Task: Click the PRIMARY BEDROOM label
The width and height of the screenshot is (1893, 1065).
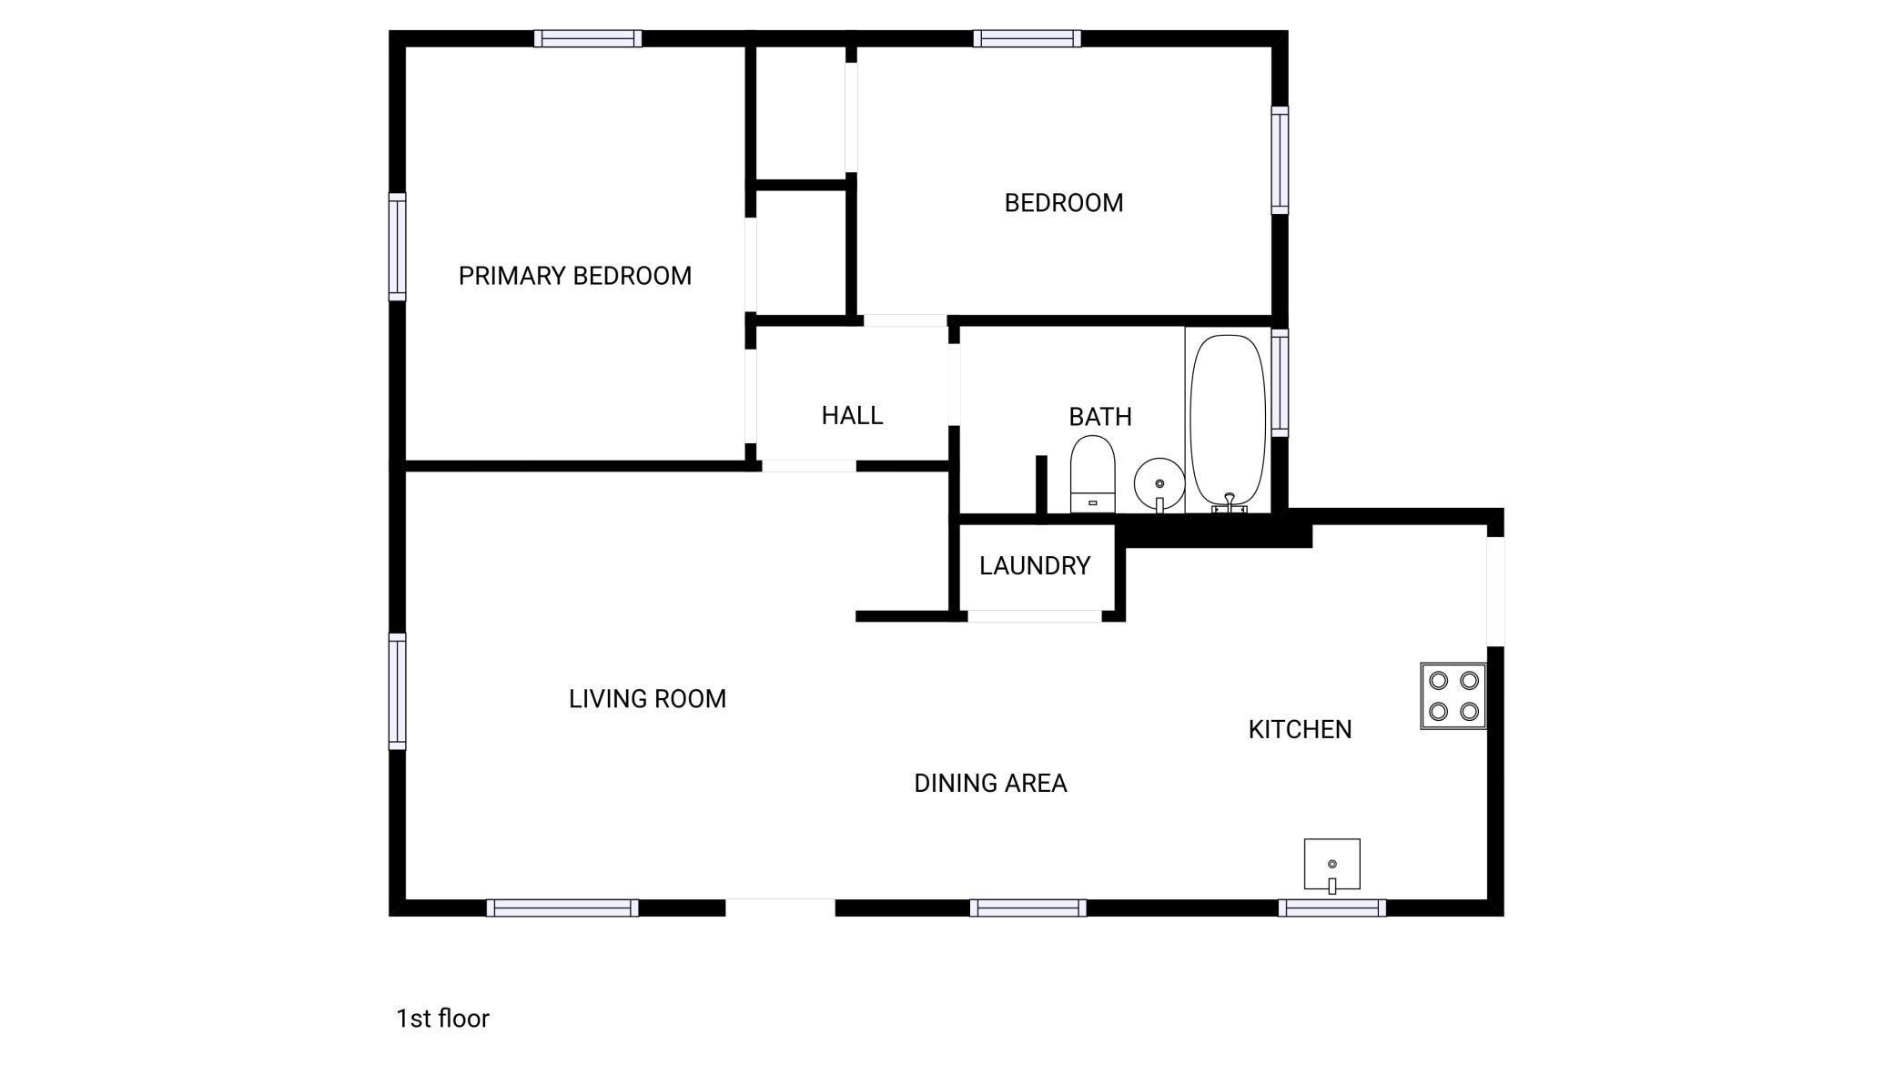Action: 574,276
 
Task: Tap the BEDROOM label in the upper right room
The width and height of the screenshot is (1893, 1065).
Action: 1064,203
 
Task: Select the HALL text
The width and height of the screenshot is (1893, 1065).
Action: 852,416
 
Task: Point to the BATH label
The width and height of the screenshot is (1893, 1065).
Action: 1100,417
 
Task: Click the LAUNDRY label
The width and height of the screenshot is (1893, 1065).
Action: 1035,566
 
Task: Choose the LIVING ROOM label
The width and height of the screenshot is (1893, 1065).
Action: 647,699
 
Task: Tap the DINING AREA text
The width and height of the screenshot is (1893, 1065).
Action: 990,783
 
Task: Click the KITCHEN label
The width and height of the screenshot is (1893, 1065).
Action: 1300,729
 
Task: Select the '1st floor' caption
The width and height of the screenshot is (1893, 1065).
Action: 442,1019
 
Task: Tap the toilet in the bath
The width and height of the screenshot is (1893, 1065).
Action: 1092,474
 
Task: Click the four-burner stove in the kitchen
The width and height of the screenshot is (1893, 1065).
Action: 1453,696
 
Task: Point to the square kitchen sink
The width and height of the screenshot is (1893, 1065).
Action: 1331,865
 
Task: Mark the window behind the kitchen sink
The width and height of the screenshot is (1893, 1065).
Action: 1331,908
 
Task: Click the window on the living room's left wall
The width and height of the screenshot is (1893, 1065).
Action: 398,692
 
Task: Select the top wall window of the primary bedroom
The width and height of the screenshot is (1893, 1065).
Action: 588,38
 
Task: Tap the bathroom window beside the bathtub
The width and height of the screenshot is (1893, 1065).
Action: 1280,383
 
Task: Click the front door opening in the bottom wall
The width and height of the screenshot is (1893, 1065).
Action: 780,908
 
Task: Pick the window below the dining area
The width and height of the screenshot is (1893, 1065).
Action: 1027,908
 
